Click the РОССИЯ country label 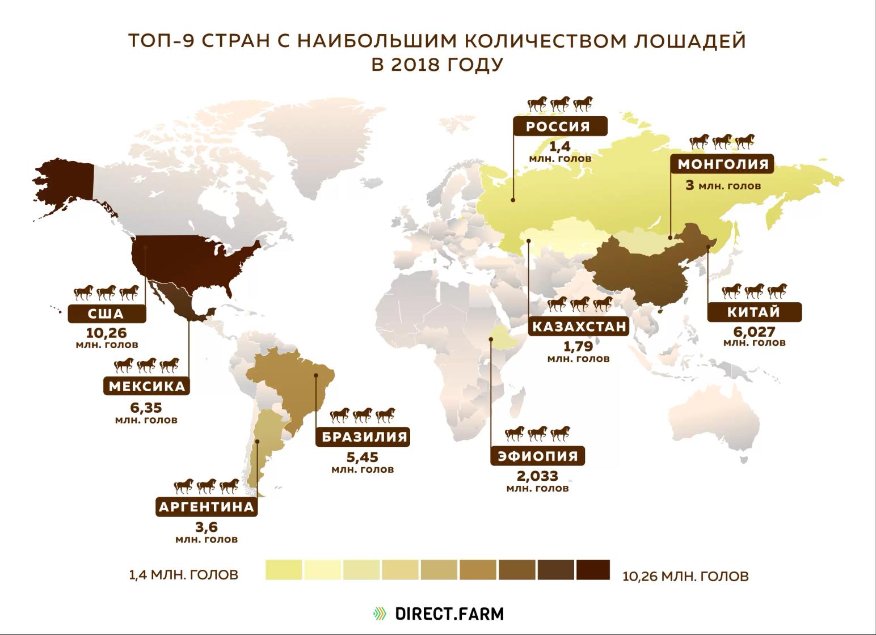[559, 126]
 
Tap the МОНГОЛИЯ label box [723, 164]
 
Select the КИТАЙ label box [754, 312]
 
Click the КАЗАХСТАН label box [579, 327]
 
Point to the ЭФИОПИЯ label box [537, 456]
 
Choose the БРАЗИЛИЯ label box [364, 437]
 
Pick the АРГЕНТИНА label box [207, 507]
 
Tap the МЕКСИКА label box [147, 387]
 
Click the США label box [107, 314]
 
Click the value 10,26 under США [106, 333]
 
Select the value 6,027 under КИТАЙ [754, 332]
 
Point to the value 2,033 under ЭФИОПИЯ [537, 476]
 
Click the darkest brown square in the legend [593, 570]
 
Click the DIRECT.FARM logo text [448, 613]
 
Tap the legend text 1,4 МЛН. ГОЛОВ [183, 575]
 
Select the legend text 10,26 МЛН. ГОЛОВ [685, 577]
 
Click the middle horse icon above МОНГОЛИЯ [722, 141]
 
